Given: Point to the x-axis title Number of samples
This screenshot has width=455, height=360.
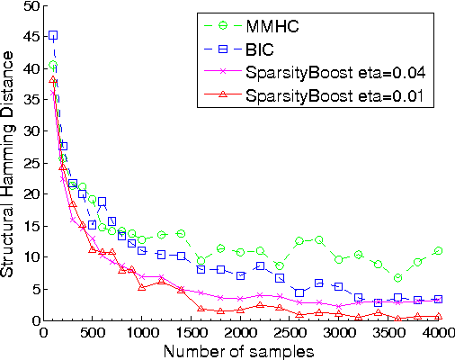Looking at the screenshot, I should click(240, 351).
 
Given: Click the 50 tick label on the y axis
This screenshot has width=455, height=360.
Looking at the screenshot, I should click(31, 5).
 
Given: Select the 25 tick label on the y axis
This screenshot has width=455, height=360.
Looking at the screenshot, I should click(31, 163).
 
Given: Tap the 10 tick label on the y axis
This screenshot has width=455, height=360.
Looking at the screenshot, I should click(31, 257).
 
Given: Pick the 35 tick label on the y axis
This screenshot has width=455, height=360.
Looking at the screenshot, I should click(31, 100).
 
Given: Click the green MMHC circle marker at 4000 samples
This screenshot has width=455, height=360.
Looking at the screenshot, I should click(438, 251).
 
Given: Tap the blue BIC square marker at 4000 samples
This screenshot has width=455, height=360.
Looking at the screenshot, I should click(438, 299).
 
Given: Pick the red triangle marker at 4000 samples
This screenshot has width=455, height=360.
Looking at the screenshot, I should click(438, 317).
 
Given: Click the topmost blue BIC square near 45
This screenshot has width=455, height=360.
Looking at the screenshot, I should click(53, 35).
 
